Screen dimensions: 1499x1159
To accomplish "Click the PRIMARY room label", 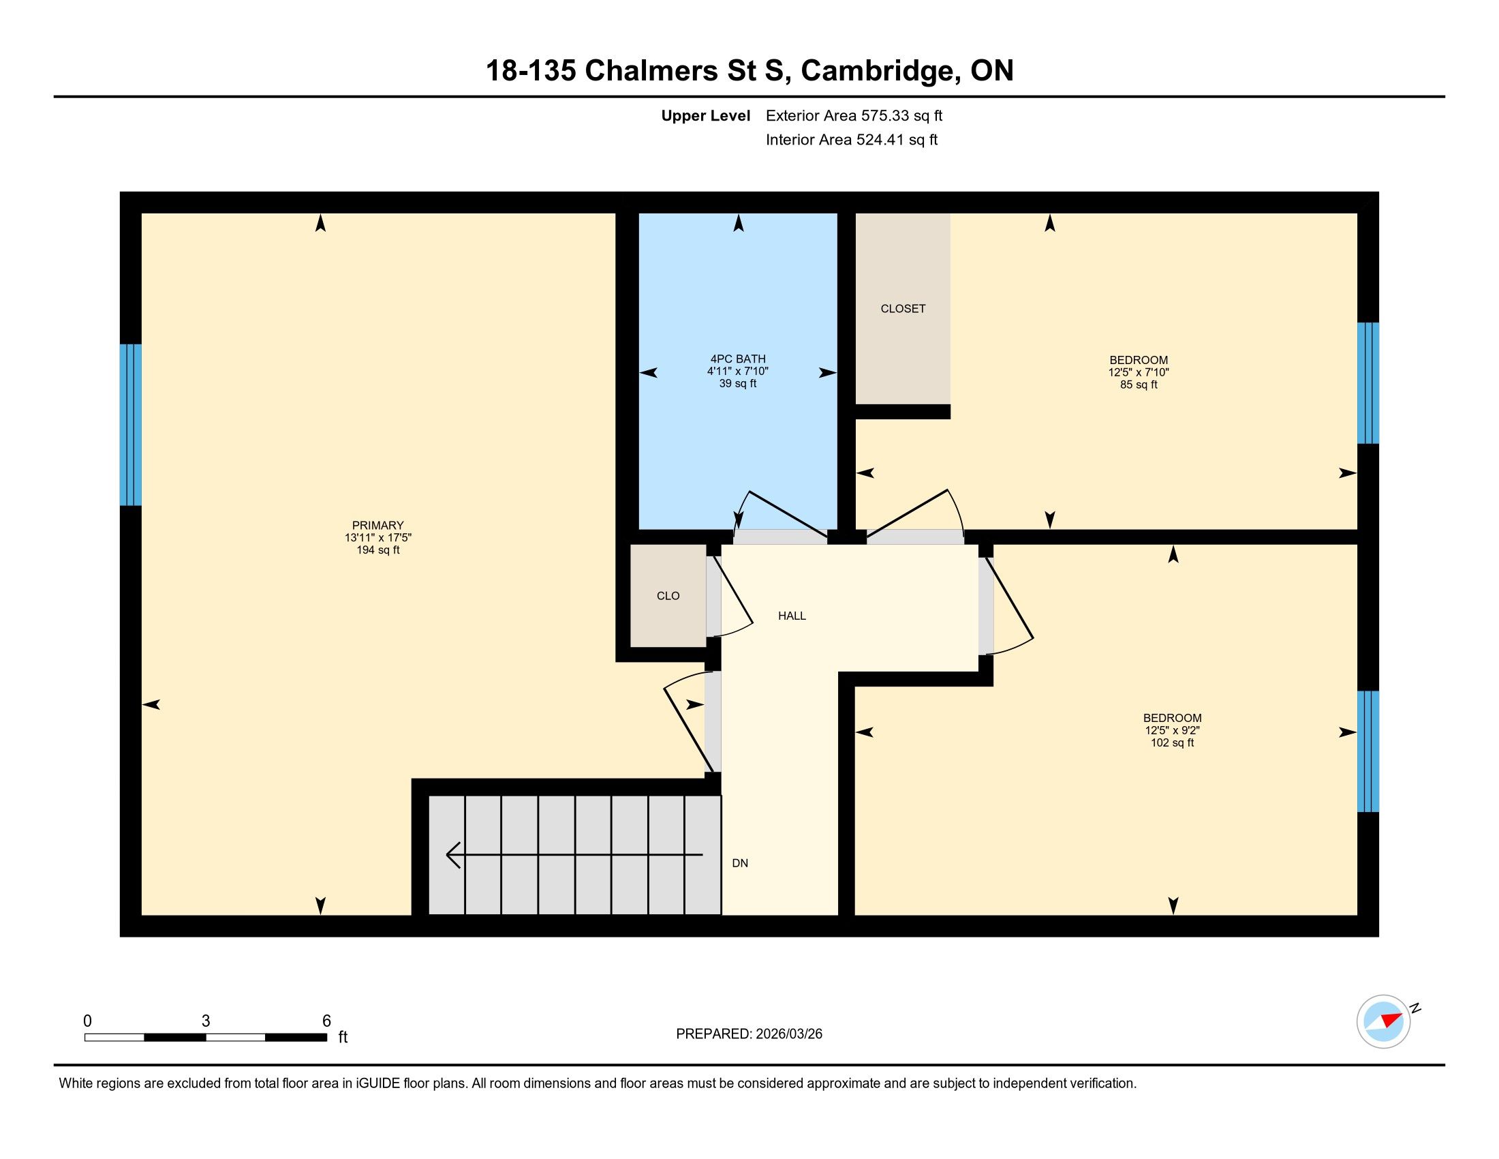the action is tap(377, 525).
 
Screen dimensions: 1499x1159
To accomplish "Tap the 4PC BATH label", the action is tap(738, 359).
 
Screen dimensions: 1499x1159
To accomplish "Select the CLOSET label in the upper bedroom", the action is tap(903, 309).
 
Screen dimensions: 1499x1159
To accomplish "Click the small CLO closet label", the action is tap(668, 596).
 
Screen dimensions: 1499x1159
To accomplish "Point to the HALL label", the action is tap(791, 616).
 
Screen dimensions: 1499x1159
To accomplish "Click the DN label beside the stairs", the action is tap(739, 863).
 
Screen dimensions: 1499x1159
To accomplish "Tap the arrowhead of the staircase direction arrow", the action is tap(453, 855).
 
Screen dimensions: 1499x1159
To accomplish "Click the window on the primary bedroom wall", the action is tap(130, 424).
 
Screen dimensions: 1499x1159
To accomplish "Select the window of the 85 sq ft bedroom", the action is tap(1368, 383).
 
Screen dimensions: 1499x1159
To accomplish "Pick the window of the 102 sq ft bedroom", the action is tap(1368, 751).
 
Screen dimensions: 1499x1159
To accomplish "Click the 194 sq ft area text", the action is tap(377, 550).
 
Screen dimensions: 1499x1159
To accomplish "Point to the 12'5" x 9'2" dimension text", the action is tap(1172, 731).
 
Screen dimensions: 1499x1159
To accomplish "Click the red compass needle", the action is tap(1391, 1019).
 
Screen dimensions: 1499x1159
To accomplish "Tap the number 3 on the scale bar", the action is tap(205, 1021).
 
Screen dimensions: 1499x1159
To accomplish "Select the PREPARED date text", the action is tap(749, 1034).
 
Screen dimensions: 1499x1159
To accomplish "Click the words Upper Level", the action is tap(706, 116).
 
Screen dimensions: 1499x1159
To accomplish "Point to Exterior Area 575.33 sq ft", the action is tap(854, 116).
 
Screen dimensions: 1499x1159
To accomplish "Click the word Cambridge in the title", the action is tap(880, 71).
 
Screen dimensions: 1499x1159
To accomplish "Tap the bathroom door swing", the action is tap(779, 515).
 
